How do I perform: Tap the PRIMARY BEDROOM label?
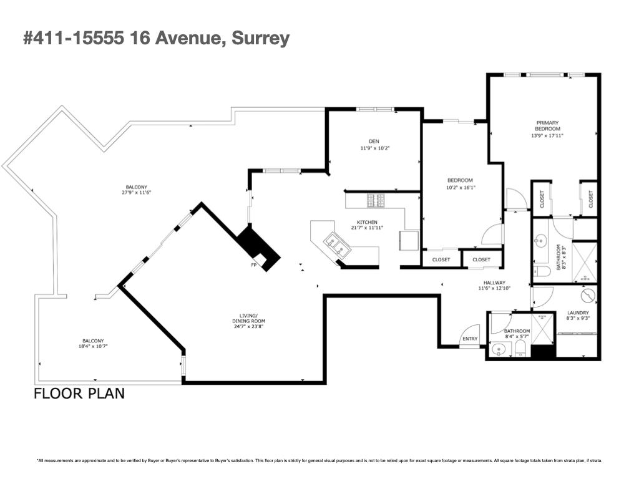click(547, 125)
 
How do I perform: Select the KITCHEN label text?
click(367, 223)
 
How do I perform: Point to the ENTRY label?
click(469, 339)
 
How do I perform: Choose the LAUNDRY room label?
click(578, 313)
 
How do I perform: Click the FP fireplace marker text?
click(254, 265)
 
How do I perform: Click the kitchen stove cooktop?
click(377, 200)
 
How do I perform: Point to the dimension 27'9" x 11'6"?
click(137, 193)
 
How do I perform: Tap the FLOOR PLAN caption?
click(79, 394)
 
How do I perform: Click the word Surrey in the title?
click(260, 39)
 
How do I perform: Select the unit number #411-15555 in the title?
click(74, 39)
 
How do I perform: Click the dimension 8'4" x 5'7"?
click(517, 337)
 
